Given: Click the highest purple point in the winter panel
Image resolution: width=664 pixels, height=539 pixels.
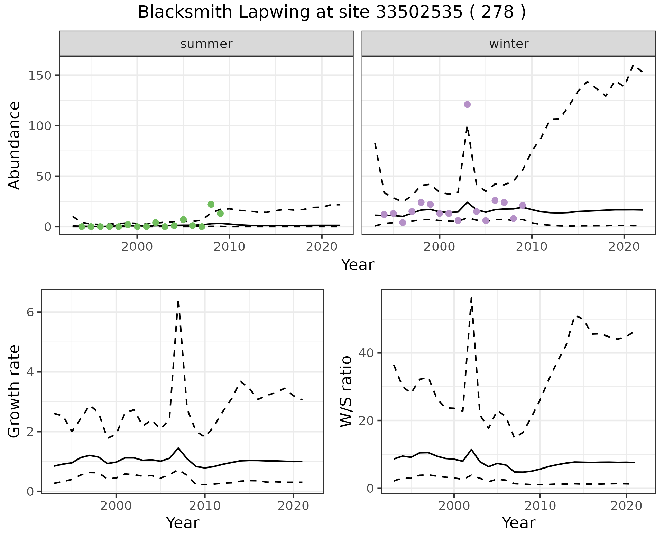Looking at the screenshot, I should pos(467,105).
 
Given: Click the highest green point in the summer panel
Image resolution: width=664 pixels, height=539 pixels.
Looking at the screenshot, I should pos(211,205).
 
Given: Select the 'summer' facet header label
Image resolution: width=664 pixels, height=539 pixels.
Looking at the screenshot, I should pos(206,44).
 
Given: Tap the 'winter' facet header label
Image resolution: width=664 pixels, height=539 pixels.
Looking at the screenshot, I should pos(509,44).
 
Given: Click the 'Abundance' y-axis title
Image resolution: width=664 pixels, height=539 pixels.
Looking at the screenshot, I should pos(15,145).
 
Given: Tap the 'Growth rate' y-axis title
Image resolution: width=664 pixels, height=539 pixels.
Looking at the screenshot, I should pos(15,391).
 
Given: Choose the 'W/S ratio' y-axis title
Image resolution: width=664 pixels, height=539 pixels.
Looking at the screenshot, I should pos(346,391).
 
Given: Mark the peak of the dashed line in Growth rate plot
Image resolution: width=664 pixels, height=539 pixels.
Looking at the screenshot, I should pos(178,302).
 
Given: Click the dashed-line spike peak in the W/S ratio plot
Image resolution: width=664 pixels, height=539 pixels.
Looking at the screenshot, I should pos(471,297).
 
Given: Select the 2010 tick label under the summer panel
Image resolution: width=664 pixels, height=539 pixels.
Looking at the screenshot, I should pos(229,247).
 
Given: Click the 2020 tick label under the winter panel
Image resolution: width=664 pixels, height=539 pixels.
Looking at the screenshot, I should pos(624,247).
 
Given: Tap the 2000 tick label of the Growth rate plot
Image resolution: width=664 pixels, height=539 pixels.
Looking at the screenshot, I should pos(116,507).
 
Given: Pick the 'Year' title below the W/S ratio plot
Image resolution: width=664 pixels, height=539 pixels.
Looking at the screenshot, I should pos(518,523).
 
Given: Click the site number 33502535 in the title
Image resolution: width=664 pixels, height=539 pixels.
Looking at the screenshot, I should pos(419,12).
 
